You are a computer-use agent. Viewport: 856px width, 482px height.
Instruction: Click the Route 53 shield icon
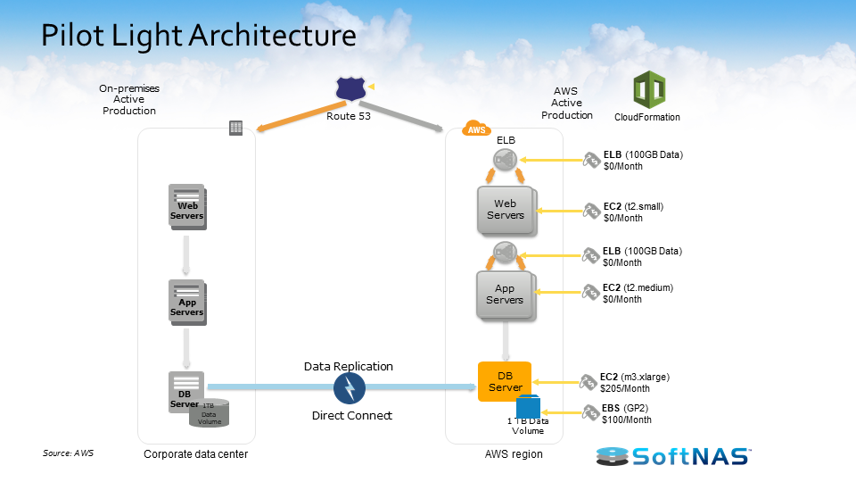pyautogui.click(x=350, y=88)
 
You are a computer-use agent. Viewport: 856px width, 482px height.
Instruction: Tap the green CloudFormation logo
pyautogui.click(x=648, y=90)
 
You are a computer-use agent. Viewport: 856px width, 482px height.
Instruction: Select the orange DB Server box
pyautogui.click(x=505, y=381)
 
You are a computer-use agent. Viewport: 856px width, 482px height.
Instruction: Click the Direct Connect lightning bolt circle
pyautogui.click(x=350, y=388)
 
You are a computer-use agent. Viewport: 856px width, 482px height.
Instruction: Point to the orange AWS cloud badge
pyautogui.click(x=477, y=129)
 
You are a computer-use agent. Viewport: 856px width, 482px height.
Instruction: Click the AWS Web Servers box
pyautogui.click(x=506, y=210)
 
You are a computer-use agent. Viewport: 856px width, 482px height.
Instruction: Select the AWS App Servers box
pyautogui.click(x=505, y=295)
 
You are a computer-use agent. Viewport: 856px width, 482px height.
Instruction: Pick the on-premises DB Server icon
pyautogui.click(x=185, y=392)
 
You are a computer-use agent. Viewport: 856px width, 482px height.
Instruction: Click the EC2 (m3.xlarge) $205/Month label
pyautogui.click(x=634, y=383)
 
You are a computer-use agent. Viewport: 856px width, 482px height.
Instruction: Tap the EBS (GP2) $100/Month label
pyautogui.click(x=627, y=414)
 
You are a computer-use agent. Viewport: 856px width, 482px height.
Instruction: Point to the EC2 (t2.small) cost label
pyautogui.click(x=633, y=212)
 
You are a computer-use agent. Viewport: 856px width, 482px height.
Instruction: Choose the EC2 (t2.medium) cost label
pyautogui.click(x=637, y=294)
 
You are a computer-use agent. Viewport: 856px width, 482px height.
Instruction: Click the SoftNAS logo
pyautogui.click(x=674, y=456)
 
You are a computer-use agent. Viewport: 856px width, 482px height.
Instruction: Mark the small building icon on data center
pyautogui.click(x=235, y=129)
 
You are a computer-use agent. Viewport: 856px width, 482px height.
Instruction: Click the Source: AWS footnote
pyautogui.click(x=68, y=453)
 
